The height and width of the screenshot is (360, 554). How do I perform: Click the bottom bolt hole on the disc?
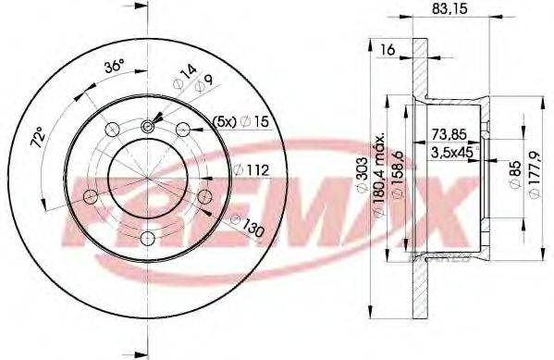coord(148,238)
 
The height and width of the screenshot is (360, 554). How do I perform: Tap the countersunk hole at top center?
coord(148,127)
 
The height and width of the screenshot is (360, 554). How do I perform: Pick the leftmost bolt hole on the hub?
coord(92,197)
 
